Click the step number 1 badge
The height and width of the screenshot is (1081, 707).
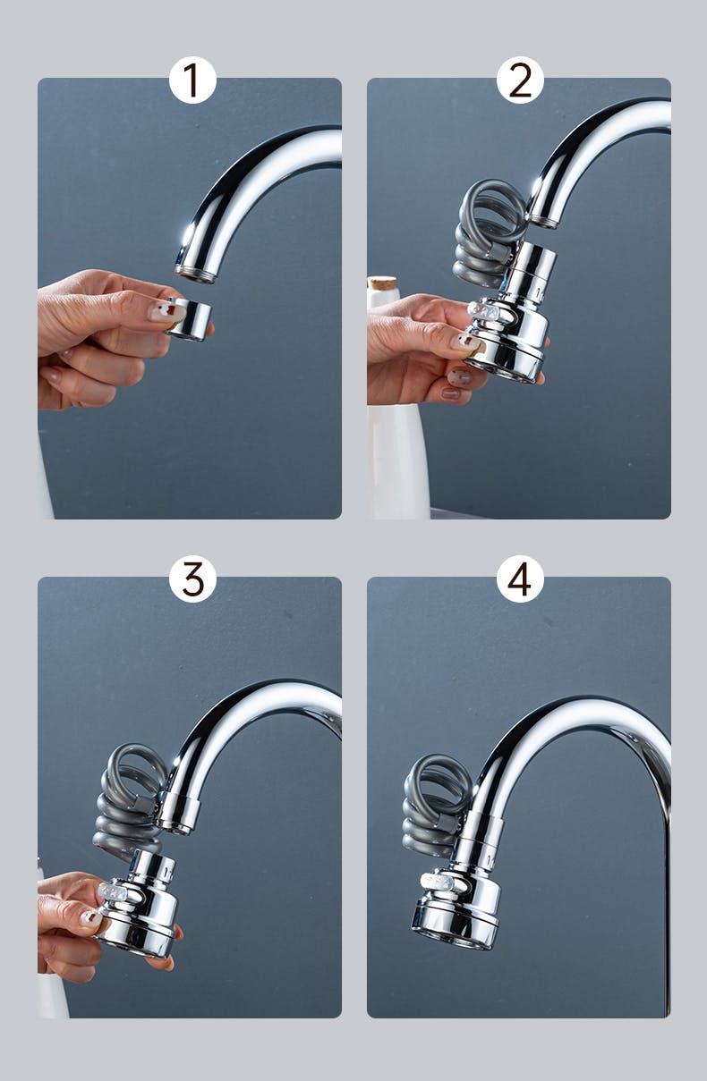(x=192, y=80)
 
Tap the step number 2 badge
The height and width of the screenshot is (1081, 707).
(x=520, y=80)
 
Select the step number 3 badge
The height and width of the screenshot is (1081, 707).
(x=192, y=579)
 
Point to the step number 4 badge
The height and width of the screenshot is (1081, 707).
(x=520, y=579)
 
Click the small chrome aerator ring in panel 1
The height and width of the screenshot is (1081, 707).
(x=191, y=319)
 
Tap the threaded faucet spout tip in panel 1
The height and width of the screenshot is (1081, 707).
(x=195, y=274)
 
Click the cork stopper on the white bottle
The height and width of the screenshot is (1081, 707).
(x=382, y=283)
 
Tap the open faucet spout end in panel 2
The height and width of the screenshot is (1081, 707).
(x=544, y=220)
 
